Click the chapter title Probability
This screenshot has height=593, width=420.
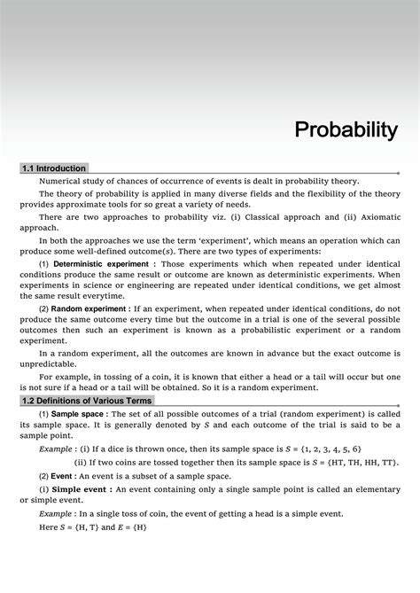[346, 131]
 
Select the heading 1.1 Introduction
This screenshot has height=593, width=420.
[54, 168]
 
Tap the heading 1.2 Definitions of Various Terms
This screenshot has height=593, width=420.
[87, 401]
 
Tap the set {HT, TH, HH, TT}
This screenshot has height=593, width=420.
[355, 463]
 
